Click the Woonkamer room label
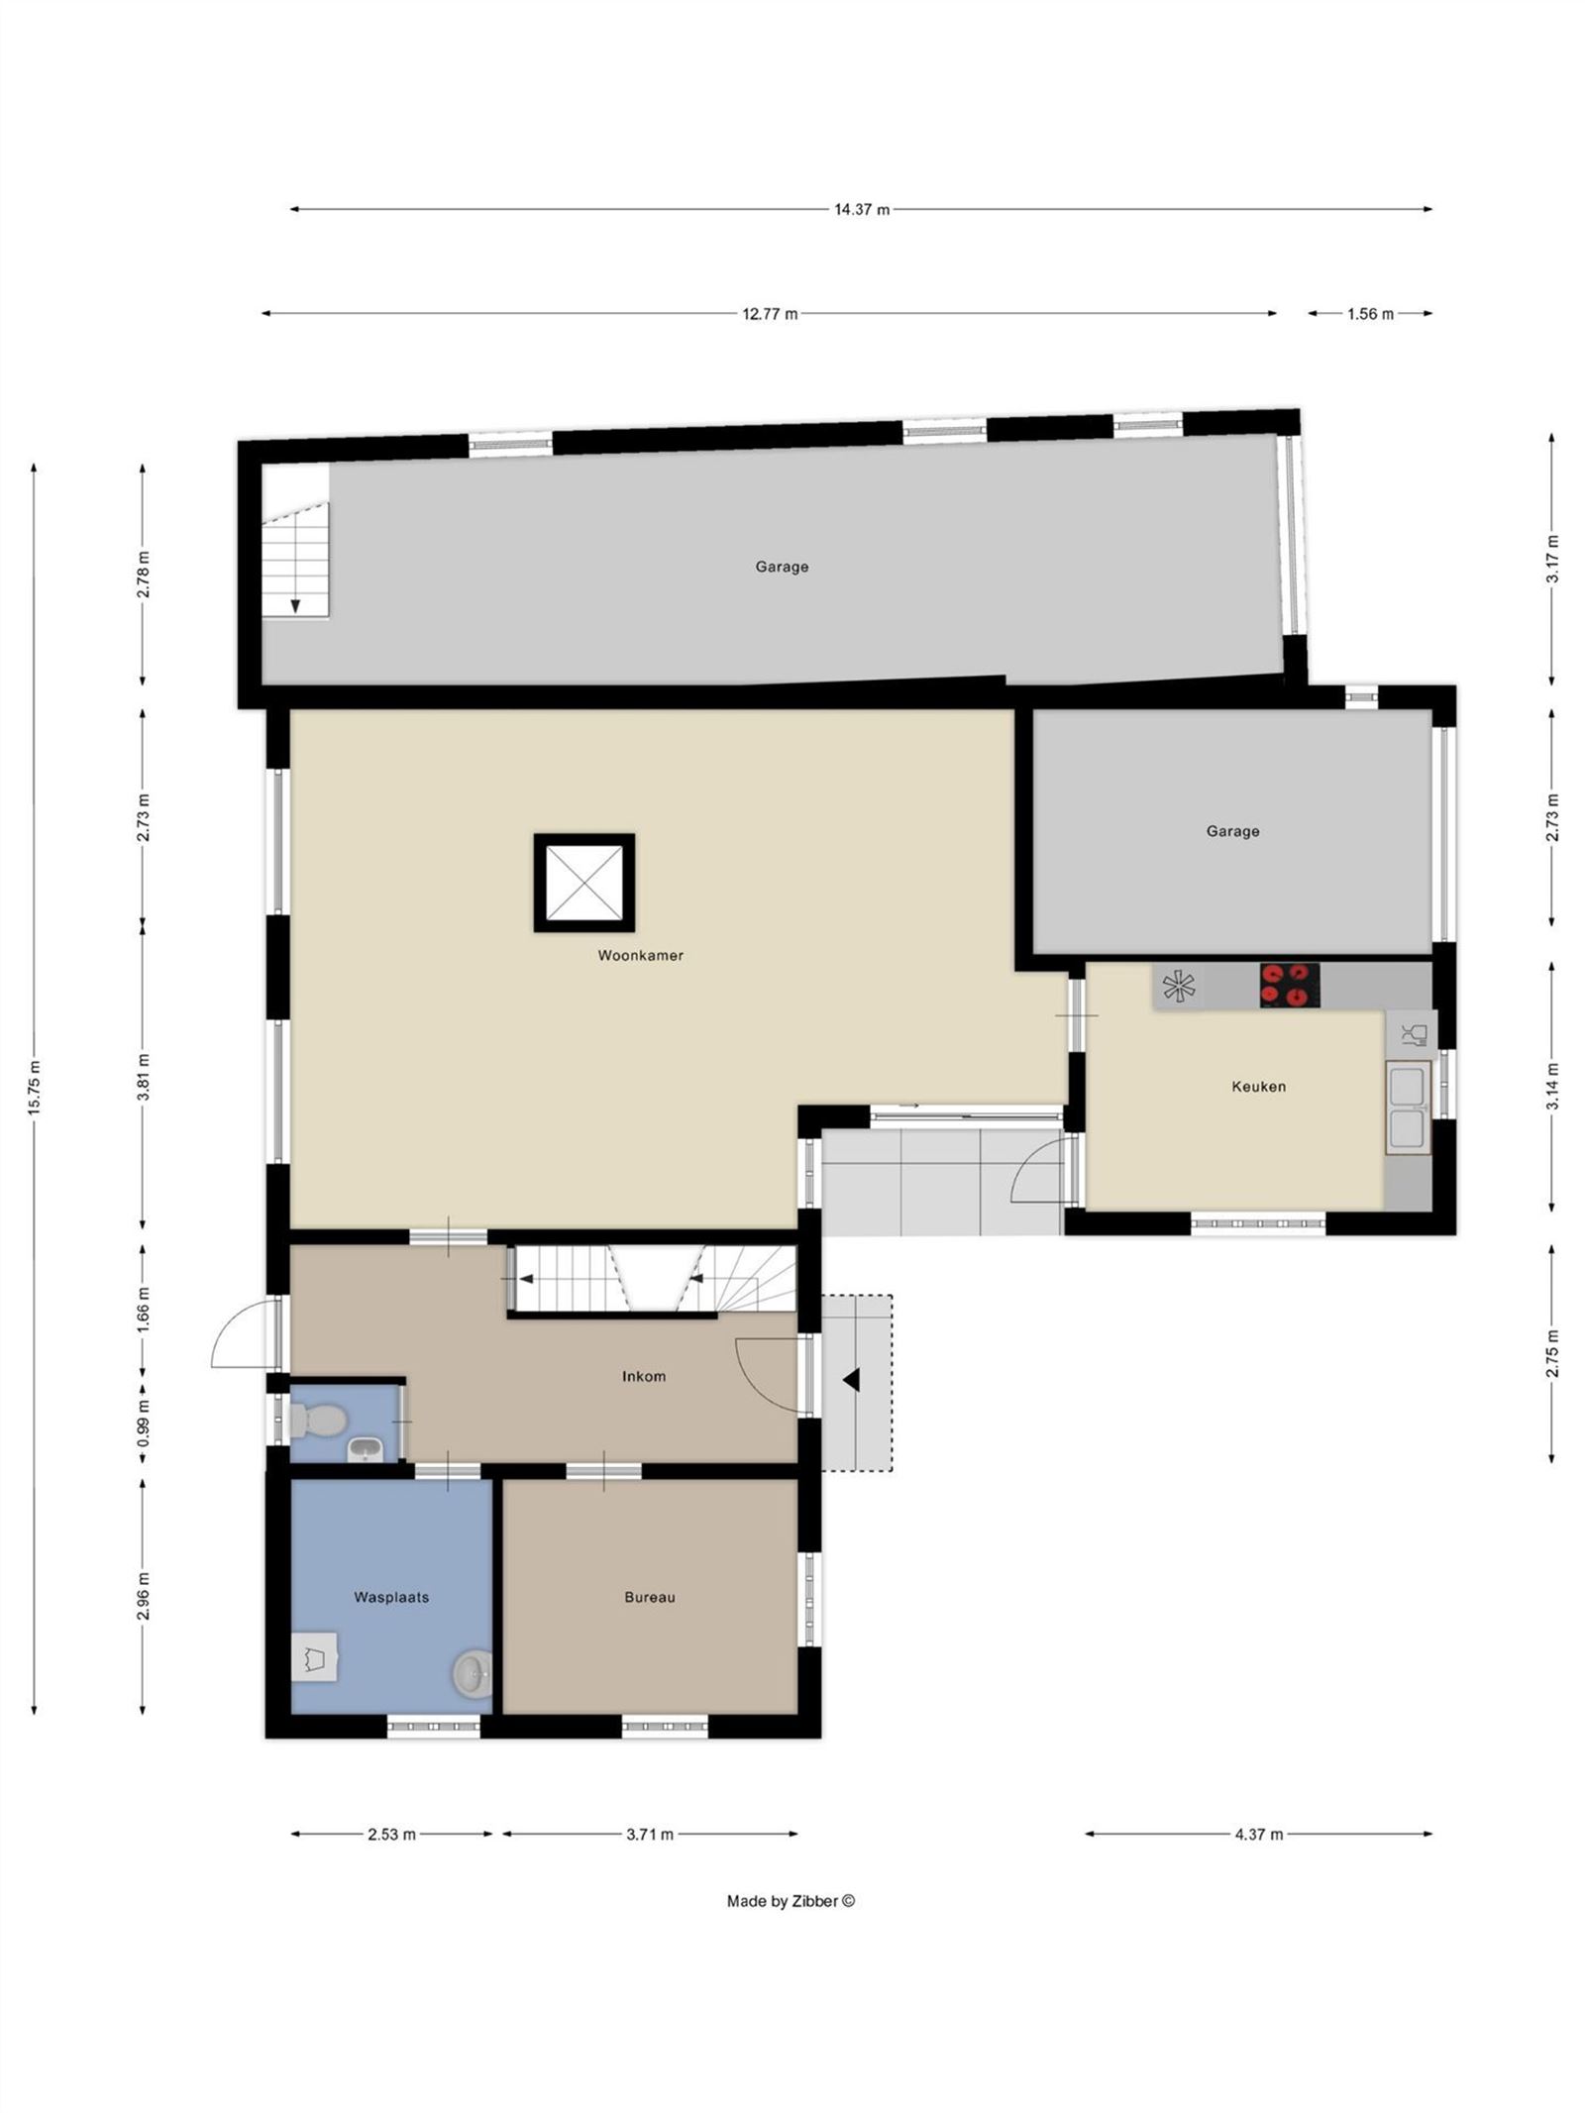(640, 956)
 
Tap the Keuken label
(1258, 1087)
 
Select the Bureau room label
(650, 1598)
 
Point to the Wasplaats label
(391, 1598)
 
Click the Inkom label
(643, 1376)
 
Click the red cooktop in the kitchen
(1289, 986)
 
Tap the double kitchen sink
(1408, 1108)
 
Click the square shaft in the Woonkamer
(584, 883)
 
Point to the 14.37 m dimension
(861, 209)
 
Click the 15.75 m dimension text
(35, 1088)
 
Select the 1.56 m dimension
(1369, 314)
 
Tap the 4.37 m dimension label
(1258, 1835)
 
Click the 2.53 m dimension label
(391, 1835)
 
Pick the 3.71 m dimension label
(650, 1835)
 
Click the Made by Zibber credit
(791, 1901)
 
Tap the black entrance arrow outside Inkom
(850, 1379)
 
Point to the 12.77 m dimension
(770, 314)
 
